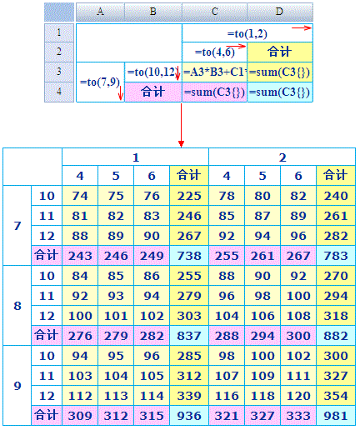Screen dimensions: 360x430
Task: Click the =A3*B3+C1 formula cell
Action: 214,72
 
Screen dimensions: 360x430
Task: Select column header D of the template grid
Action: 280,12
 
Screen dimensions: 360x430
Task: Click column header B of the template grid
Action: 153,12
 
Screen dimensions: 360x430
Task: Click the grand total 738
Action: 189,256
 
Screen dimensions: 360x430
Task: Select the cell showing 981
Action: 336,416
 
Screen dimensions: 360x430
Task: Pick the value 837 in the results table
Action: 189,336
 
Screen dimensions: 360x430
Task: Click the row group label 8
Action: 17,306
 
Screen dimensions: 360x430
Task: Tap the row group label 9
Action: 17,386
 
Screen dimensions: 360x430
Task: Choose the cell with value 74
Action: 80,196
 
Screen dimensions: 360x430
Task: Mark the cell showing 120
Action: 298,396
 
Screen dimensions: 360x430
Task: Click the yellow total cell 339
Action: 189,396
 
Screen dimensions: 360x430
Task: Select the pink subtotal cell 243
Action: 80,256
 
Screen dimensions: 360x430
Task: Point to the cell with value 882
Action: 336,336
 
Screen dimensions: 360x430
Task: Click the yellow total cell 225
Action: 189,196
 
